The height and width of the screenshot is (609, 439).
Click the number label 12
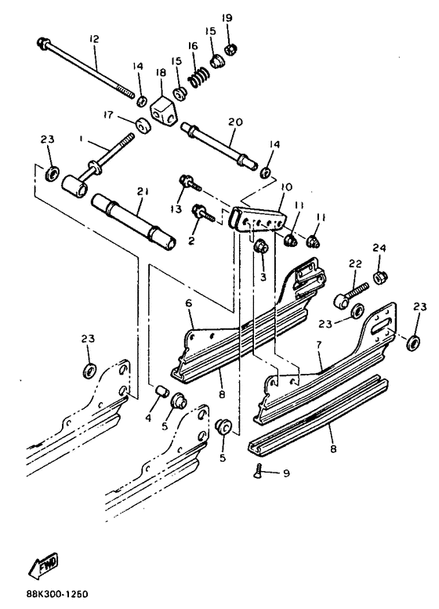[94, 39]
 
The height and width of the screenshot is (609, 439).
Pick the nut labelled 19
[231, 52]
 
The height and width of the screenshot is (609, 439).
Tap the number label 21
[141, 190]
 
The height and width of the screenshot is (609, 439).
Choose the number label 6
[188, 302]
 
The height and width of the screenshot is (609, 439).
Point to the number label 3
[263, 277]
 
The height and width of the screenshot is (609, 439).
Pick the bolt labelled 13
[188, 183]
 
